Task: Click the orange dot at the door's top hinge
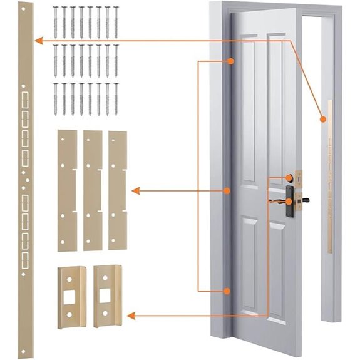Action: [x=230, y=61]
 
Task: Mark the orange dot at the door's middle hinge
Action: [x=229, y=190]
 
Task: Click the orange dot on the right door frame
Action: [x=323, y=118]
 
